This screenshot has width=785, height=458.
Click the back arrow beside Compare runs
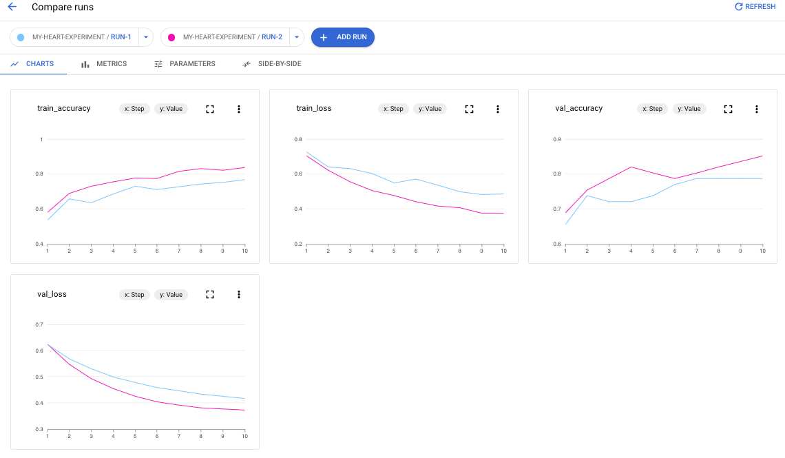click(12, 7)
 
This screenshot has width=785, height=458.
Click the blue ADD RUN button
click(342, 37)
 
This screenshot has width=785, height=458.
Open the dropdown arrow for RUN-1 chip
click(146, 37)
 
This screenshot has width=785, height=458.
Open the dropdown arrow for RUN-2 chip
click(297, 37)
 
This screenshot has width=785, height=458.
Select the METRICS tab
click(104, 64)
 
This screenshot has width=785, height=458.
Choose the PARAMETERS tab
click(185, 64)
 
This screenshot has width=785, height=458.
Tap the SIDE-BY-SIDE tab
click(271, 64)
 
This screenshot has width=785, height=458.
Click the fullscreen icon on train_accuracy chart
click(210, 109)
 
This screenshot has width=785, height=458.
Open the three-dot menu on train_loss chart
click(498, 109)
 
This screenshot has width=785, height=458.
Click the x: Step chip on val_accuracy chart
click(651, 109)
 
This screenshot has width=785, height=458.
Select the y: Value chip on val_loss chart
click(171, 295)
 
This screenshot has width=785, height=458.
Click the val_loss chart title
click(52, 294)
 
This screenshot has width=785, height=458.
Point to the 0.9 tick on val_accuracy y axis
click(557, 140)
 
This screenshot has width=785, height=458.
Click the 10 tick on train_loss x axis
click(503, 251)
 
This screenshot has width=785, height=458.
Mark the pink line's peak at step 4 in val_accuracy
click(631, 167)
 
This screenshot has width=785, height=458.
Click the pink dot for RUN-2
click(171, 37)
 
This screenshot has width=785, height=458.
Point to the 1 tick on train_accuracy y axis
click(41, 140)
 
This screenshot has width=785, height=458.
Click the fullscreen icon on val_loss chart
click(210, 295)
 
